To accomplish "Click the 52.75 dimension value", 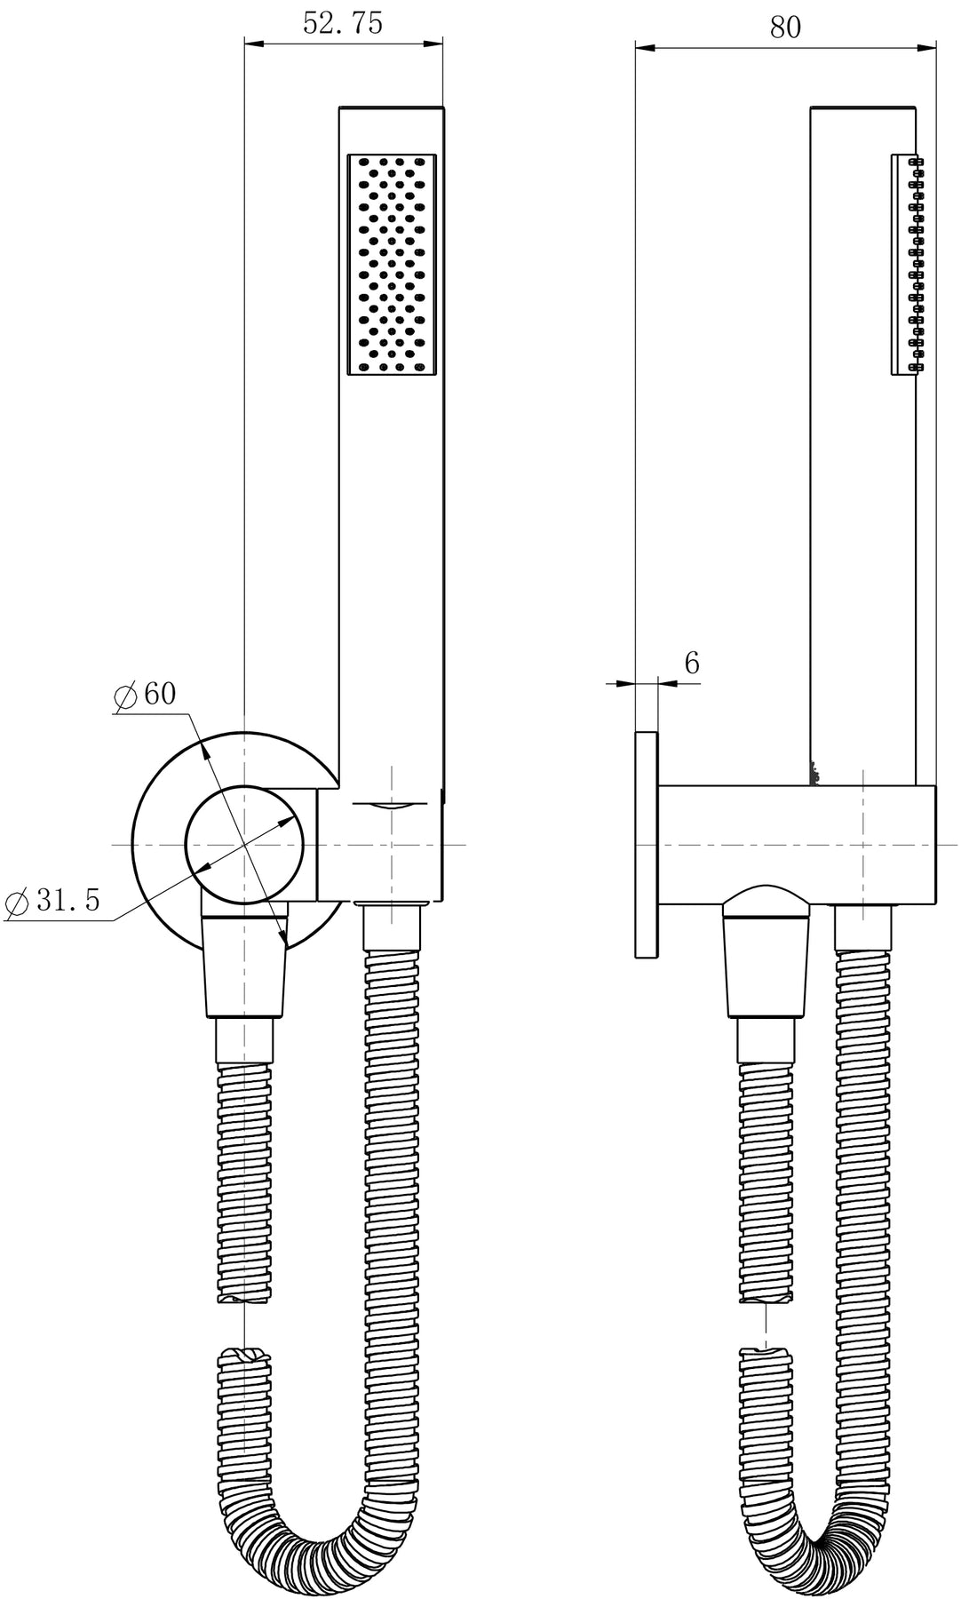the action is (343, 23).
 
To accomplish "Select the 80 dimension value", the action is (785, 28).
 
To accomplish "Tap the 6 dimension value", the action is (692, 663).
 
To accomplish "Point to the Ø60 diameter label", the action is (146, 694).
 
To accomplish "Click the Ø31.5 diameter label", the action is (52, 901).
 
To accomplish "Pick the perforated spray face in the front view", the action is (392, 264).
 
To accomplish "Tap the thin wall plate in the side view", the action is (647, 845).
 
